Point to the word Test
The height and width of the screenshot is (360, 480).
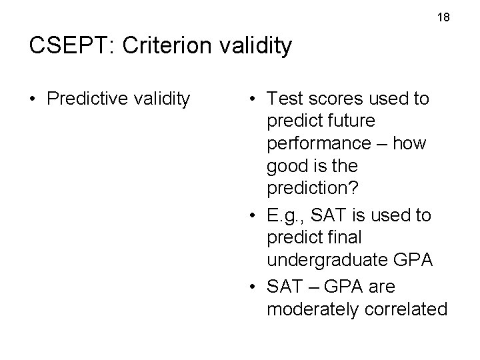283,99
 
